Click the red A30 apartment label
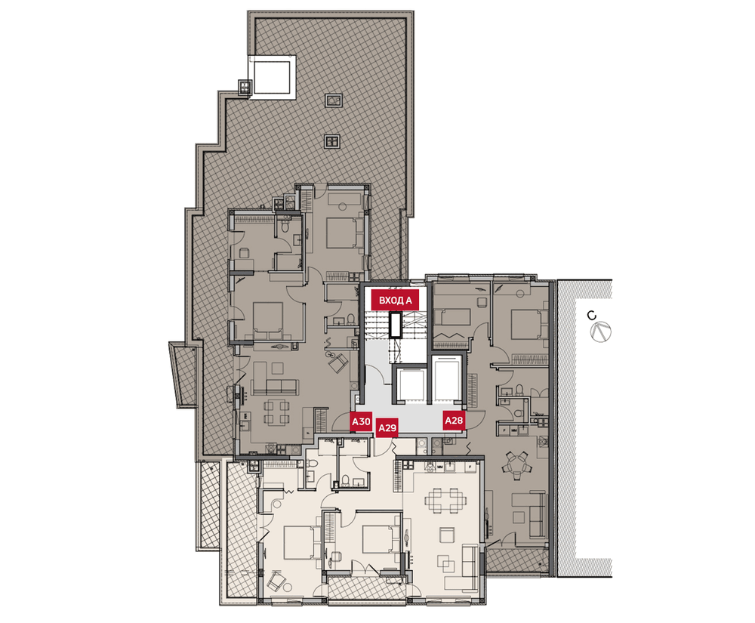pyautogui.click(x=361, y=422)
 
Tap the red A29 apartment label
pyautogui.click(x=387, y=427)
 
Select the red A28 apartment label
pyautogui.click(x=454, y=421)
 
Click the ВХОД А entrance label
pyautogui.click(x=396, y=301)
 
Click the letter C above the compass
pyautogui.click(x=592, y=316)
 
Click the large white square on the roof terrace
pyautogui.click(x=272, y=76)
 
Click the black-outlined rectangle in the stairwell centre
pyautogui.click(x=396, y=325)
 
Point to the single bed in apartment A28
pyautogui.click(x=452, y=318)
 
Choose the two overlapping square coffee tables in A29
pyautogui.click(x=445, y=563)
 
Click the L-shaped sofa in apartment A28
pyautogui.click(x=530, y=514)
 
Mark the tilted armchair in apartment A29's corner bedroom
pyautogui.click(x=275, y=581)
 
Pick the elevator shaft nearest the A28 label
pyautogui.click(x=448, y=379)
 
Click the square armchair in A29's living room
pyautogui.click(x=447, y=535)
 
